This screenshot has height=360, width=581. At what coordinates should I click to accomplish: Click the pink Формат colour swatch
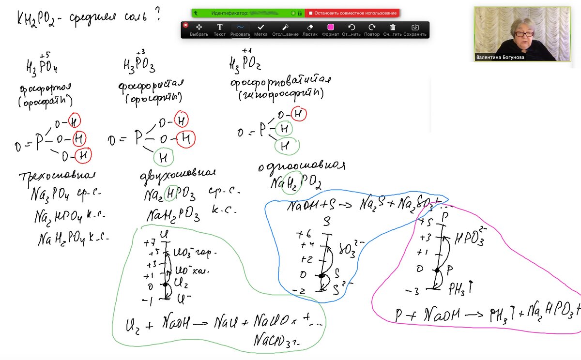point(331,27)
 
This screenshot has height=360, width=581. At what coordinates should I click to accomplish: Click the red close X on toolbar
point(185,25)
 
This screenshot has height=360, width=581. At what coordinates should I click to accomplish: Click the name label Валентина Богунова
point(500,57)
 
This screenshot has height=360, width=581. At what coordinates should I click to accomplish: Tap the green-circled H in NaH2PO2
point(292,182)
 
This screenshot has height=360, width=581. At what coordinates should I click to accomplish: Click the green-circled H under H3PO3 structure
point(164,157)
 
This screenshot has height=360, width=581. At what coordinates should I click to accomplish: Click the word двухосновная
point(177,174)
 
